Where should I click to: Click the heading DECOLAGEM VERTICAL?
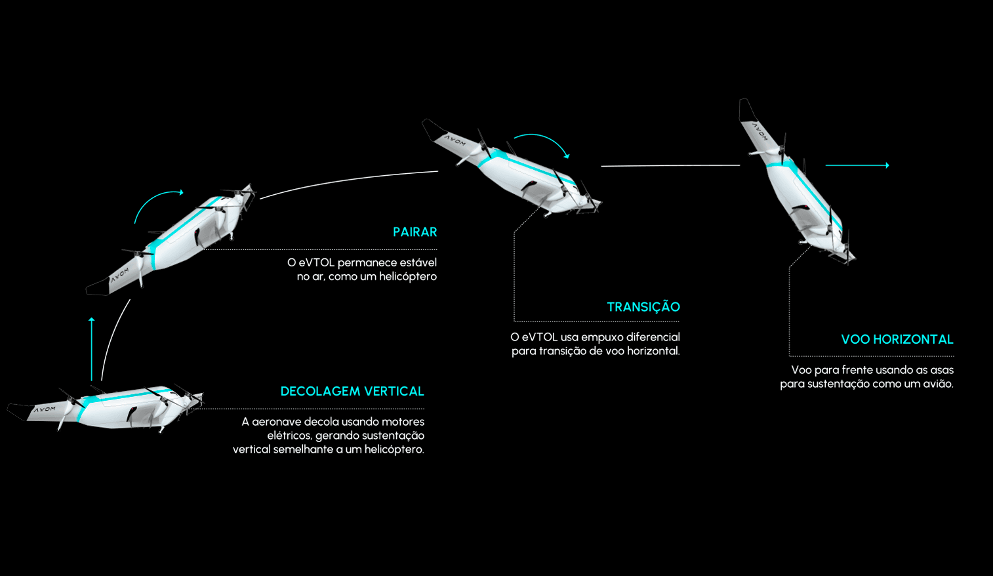click(352, 392)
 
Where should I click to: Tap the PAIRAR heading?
click(415, 232)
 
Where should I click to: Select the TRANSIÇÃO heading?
click(643, 307)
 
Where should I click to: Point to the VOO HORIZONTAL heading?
click(897, 340)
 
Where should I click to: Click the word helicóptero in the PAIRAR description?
click(407, 277)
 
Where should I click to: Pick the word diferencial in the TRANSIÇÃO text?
click(653, 337)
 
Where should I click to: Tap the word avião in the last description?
click(938, 384)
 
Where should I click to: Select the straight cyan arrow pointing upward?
click(92, 348)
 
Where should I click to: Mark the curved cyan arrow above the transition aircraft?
click(544, 141)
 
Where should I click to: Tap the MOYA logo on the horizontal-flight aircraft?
click(760, 131)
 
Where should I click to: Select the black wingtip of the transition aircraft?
click(433, 129)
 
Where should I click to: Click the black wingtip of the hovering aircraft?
click(98, 287)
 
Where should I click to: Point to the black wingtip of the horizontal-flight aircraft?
click(746, 110)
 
